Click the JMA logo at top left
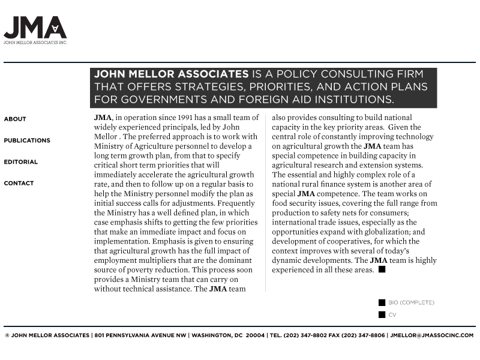35,28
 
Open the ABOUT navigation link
15,119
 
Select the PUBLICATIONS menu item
27,140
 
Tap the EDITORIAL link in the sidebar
21,162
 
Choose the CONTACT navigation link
19,184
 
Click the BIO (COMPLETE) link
411,303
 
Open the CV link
392,315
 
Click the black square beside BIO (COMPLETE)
382,303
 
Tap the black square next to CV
382,315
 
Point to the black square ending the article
382,270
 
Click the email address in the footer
432,335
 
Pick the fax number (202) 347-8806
363,335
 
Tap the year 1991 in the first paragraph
179,118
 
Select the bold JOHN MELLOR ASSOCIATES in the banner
172,74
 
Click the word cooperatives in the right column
345,241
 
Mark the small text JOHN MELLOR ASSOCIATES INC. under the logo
35,43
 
